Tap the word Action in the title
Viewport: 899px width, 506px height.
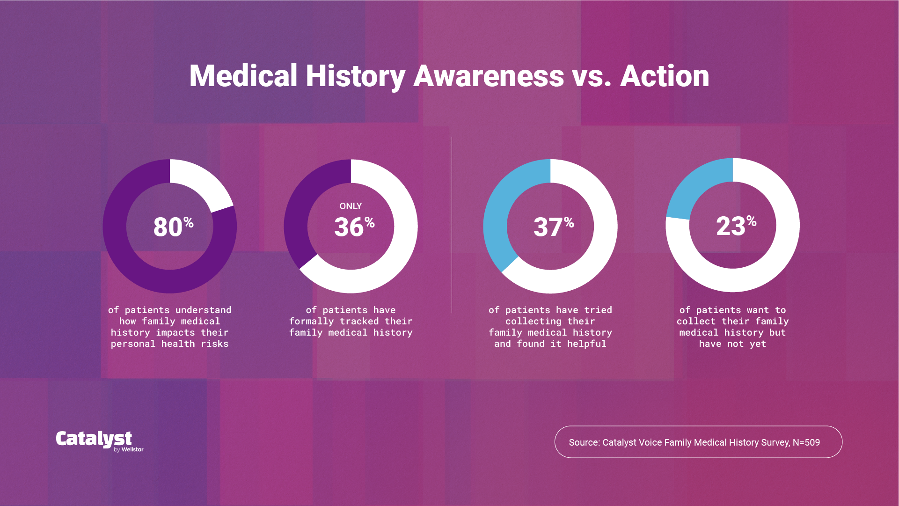pyautogui.click(x=665, y=76)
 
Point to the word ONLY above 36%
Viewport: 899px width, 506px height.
pyautogui.click(x=351, y=206)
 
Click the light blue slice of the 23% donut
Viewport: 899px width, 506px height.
pyautogui.click(x=697, y=185)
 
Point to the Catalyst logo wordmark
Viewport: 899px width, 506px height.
pyautogui.click(x=94, y=439)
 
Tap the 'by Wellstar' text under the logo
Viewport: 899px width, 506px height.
pyautogui.click(x=129, y=449)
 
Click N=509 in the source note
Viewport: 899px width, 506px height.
pyautogui.click(x=806, y=442)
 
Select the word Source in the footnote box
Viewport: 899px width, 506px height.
pyautogui.click(x=584, y=442)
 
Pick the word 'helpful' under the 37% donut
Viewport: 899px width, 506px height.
pyautogui.click(x=586, y=344)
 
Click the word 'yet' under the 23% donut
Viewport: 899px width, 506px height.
pyautogui.click(x=758, y=344)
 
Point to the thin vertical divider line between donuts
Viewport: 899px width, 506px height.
pyautogui.click(x=452, y=225)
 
